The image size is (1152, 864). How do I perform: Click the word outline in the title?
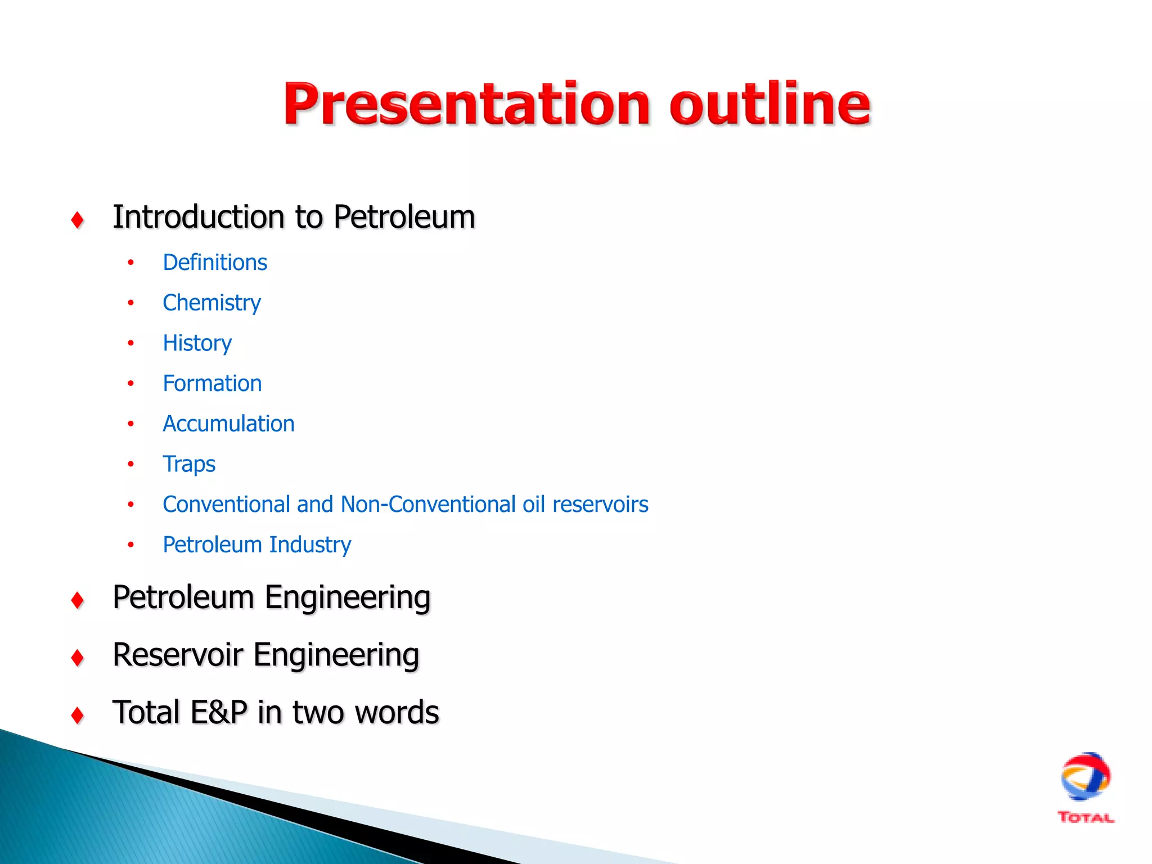(x=769, y=105)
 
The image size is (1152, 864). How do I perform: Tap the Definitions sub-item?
(x=215, y=263)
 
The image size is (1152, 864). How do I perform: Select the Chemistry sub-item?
(x=211, y=303)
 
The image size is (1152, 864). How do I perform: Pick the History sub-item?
(x=197, y=344)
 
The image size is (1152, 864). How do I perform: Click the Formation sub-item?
(x=212, y=384)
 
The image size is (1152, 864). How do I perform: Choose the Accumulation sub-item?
(x=228, y=424)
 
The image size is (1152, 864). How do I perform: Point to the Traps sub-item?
(x=189, y=465)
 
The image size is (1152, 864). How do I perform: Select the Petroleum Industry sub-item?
(x=256, y=545)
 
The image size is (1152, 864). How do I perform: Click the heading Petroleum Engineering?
(x=271, y=597)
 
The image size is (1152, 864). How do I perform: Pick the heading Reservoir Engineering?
(x=265, y=655)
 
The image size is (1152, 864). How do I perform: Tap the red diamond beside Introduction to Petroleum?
(x=78, y=220)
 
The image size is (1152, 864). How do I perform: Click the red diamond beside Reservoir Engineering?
(x=78, y=658)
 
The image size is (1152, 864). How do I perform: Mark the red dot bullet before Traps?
(x=130, y=465)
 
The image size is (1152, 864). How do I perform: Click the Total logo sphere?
(x=1085, y=777)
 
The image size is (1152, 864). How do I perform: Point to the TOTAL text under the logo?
(x=1085, y=818)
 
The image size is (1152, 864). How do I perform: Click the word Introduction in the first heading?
(x=199, y=217)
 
